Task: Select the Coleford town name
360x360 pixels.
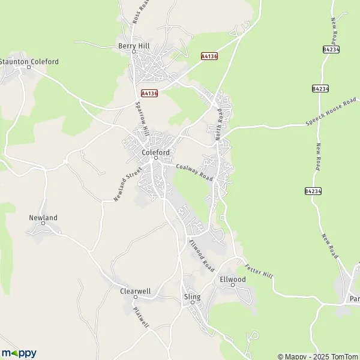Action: tap(156, 152)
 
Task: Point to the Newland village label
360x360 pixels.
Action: tap(43, 217)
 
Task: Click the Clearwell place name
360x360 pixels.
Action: tap(135, 291)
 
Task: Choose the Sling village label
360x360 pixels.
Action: tap(192, 296)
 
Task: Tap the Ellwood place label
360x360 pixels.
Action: tap(233, 280)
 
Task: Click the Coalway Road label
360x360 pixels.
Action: tap(194, 173)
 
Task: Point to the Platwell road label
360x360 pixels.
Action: tap(142, 318)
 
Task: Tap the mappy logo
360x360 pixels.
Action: tap(19, 353)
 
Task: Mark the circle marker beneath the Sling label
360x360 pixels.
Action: tap(192, 302)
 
